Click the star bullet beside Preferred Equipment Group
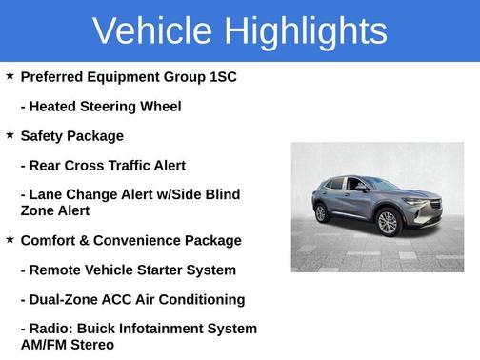point(10,74)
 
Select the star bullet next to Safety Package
point(10,134)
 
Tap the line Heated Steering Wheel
point(101,106)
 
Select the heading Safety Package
point(71,135)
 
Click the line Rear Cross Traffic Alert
point(103,165)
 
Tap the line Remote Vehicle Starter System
point(129,270)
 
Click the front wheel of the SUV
point(388,223)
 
